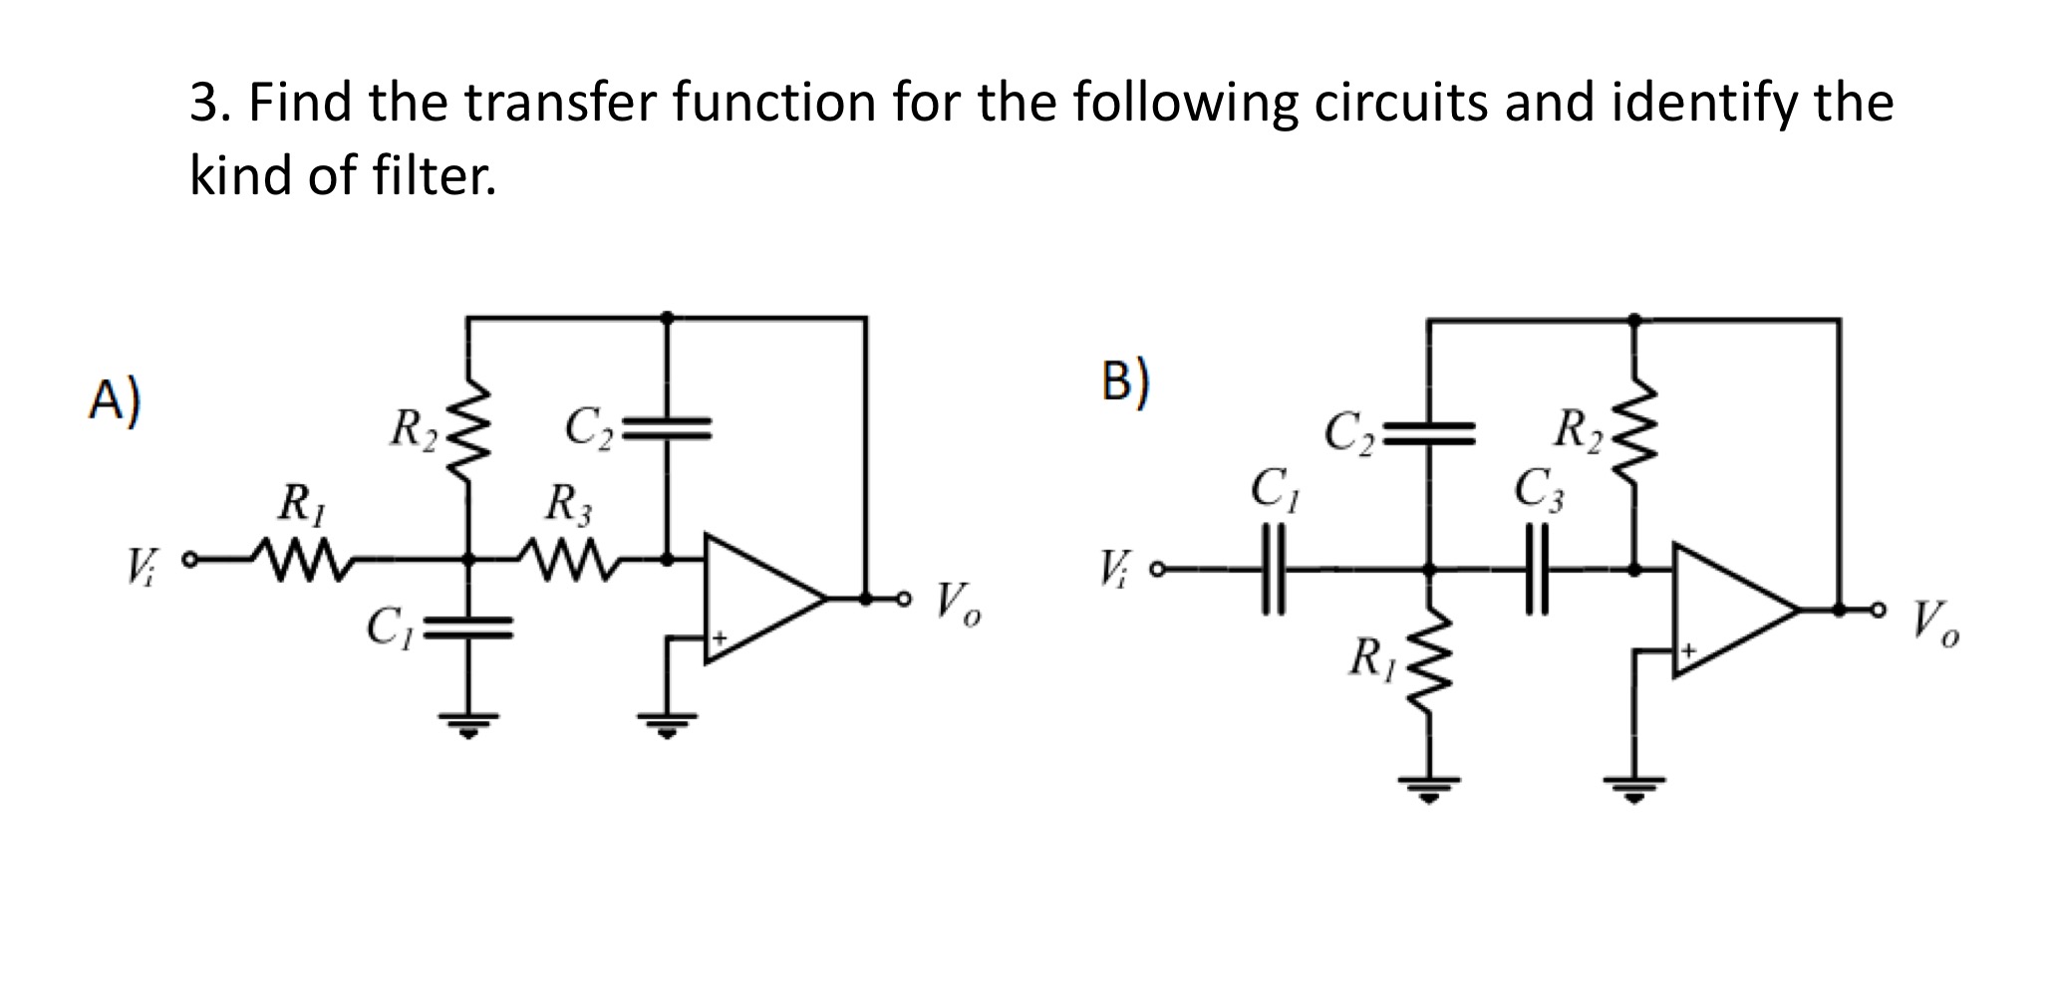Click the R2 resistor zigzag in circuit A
tap(469, 430)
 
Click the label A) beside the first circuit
tap(115, 400)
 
